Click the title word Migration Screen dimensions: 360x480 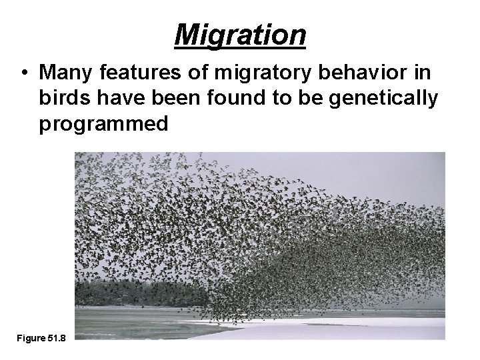click(240, 34)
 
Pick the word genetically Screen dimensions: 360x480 click(386, 97)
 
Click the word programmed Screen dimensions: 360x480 click(103, 124)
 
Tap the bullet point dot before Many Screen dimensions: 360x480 click(24, 72)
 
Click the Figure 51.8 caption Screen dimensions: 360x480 click(41, 339)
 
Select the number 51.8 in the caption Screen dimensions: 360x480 click(56, 339)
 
